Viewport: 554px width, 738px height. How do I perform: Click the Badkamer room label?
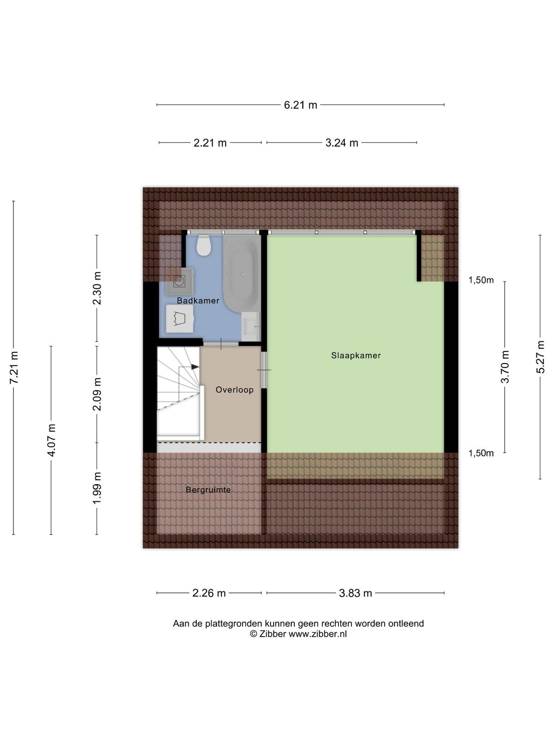coord(198,301)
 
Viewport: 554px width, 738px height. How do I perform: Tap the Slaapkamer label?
coord(356,355)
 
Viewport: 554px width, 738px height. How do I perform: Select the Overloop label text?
coord(235,390)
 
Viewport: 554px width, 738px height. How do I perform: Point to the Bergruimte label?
coord(208,490)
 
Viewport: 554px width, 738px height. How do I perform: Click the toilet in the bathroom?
coord(204,245)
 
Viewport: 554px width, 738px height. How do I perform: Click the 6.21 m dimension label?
coord(301,105)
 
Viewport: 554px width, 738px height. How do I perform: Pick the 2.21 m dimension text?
coord(210,143)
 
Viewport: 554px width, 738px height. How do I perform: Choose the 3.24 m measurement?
coord(342,143)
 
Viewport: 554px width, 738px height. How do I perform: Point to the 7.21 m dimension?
coord(14,368)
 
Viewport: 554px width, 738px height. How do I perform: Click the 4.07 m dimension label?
coord(51,440)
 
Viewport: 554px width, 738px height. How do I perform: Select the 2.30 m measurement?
coord(97,288)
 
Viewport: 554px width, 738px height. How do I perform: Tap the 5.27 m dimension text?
coord(540,357)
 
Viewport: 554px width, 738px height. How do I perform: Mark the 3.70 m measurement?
coord(505,367)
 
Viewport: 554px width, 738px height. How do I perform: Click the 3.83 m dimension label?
coord(355,593)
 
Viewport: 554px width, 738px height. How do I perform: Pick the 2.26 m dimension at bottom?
coord(209,593)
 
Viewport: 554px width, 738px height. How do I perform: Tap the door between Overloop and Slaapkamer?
coord(264,370)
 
